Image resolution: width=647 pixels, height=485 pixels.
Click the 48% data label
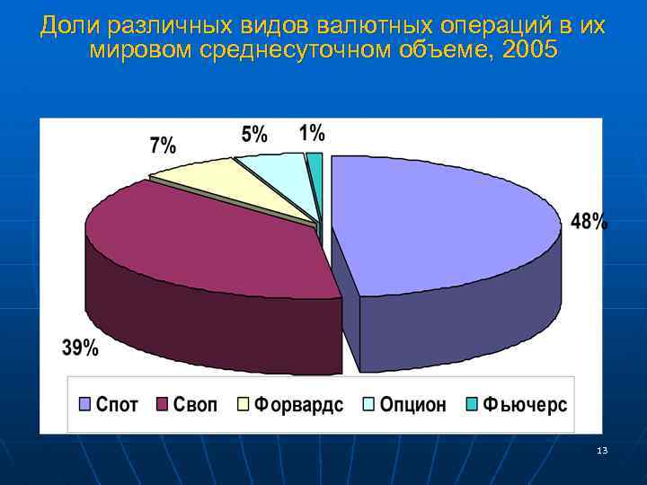tap(589, 222)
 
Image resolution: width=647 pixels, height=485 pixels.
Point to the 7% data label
tap(163, 145)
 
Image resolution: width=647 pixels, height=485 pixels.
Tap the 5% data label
tap(254, 135)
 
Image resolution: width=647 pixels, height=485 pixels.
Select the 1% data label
tap(312, 133)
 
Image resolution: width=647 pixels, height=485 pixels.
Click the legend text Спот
tap(117, 405)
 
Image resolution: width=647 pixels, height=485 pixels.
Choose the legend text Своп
tap(197, 405)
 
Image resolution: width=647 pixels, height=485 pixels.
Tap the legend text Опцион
tap(412, 405)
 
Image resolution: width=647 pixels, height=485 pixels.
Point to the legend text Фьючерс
tap(525, 405)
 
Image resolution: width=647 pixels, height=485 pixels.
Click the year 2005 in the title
tap(530, 50)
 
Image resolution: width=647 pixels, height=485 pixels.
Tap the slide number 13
tap(602, 449)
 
